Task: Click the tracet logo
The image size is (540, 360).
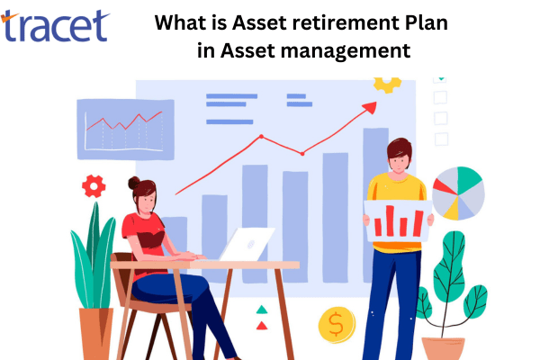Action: (56, 26)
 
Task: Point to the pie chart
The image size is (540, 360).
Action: (458, 193)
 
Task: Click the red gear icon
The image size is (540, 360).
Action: (94, 186)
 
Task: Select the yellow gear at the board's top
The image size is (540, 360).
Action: (388, 84)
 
